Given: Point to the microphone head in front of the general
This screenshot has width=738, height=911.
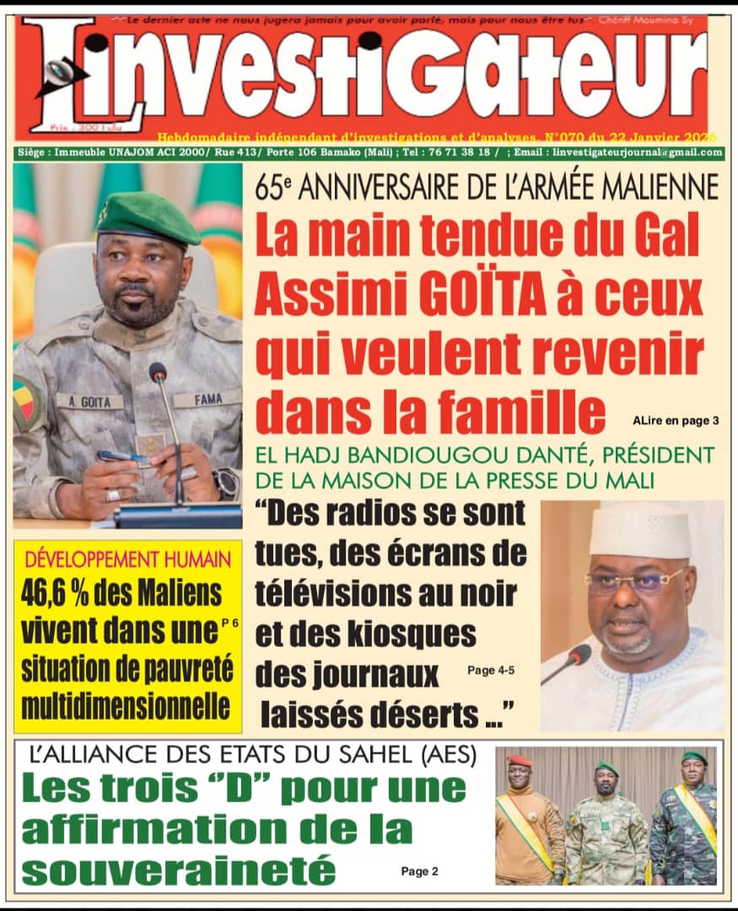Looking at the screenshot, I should pyautogui.click(x=158, y=372).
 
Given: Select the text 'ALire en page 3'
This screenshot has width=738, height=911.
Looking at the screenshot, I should pyautogui.click(x=675, y=420).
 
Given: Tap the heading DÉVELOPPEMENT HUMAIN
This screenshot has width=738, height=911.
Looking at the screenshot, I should pyautogui.click(x=127, y=558).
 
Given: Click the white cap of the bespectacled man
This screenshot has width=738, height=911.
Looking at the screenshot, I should pyautogui.click(x=639, y=531).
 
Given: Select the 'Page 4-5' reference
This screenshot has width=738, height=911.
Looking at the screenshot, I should pyautogui.click(x=489, y=671).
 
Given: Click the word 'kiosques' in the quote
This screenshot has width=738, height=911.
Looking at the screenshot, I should pyautogui.click(x=406, y=635).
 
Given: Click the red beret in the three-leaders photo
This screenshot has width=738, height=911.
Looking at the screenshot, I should pyautogui.click(x=520, y=760).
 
